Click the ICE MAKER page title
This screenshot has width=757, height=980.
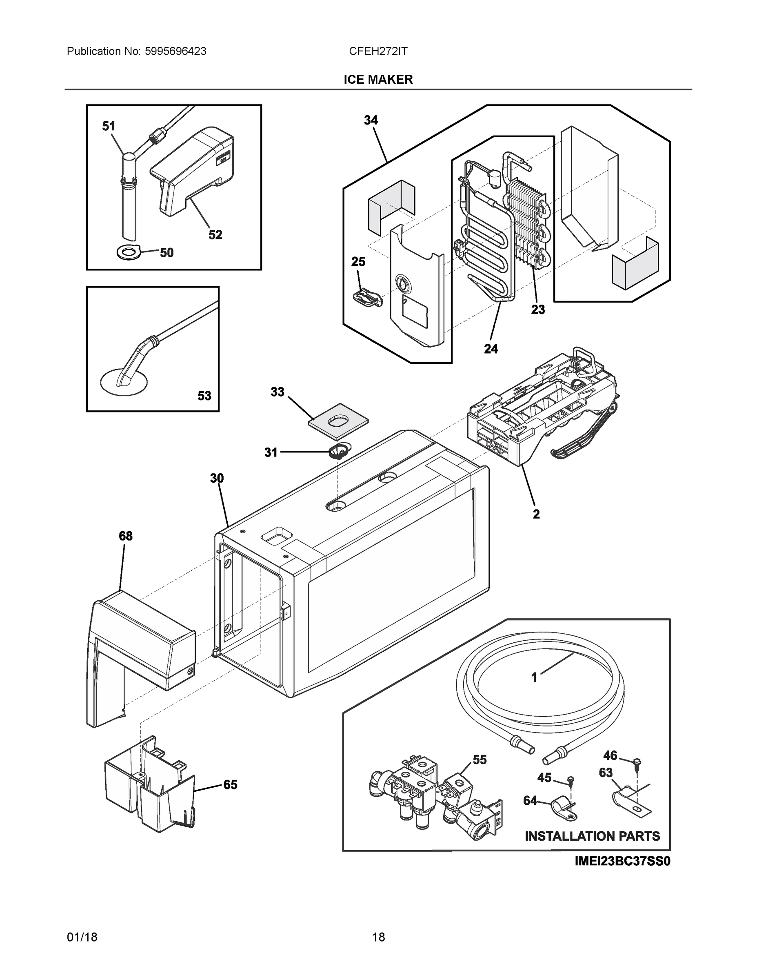tap(378, 80)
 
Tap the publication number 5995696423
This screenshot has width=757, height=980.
tap(175, 51)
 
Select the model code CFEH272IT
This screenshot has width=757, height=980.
tap(378, 51)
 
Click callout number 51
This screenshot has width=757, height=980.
tap(109, 127)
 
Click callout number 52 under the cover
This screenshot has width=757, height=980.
tap(215, 235)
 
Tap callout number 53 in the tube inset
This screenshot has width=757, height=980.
tap(204, 396)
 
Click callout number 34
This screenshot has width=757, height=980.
tap(371, 120)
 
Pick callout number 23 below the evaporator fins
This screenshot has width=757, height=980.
tap(538, 310)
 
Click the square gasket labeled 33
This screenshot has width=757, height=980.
tap(339, 421)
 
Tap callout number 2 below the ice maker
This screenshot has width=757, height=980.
tap(536, 514)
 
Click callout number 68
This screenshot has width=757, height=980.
tap(126, 536)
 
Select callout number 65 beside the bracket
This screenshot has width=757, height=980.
tap(230, 785)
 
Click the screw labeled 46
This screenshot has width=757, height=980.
tap(638, 762)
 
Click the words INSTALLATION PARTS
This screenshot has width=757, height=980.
tap(592, 836)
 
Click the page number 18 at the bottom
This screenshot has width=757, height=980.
tap(378, 937)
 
